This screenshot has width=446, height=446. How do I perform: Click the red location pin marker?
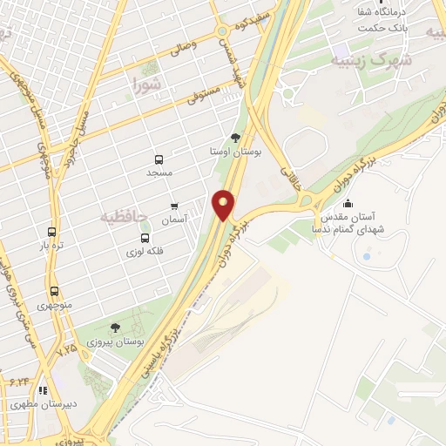click(x=224, y=206)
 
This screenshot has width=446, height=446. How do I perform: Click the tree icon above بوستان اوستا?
click(x=235, y=138)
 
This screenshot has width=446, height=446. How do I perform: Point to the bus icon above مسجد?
click(x=159, y=160)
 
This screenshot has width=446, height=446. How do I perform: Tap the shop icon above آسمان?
click(x=174, y=207)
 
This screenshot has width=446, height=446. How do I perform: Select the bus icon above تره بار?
click(x=51, y=233)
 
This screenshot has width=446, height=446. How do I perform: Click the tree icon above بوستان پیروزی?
click(x=116, y=328)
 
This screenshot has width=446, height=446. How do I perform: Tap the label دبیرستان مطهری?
click(x=31, y=404)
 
